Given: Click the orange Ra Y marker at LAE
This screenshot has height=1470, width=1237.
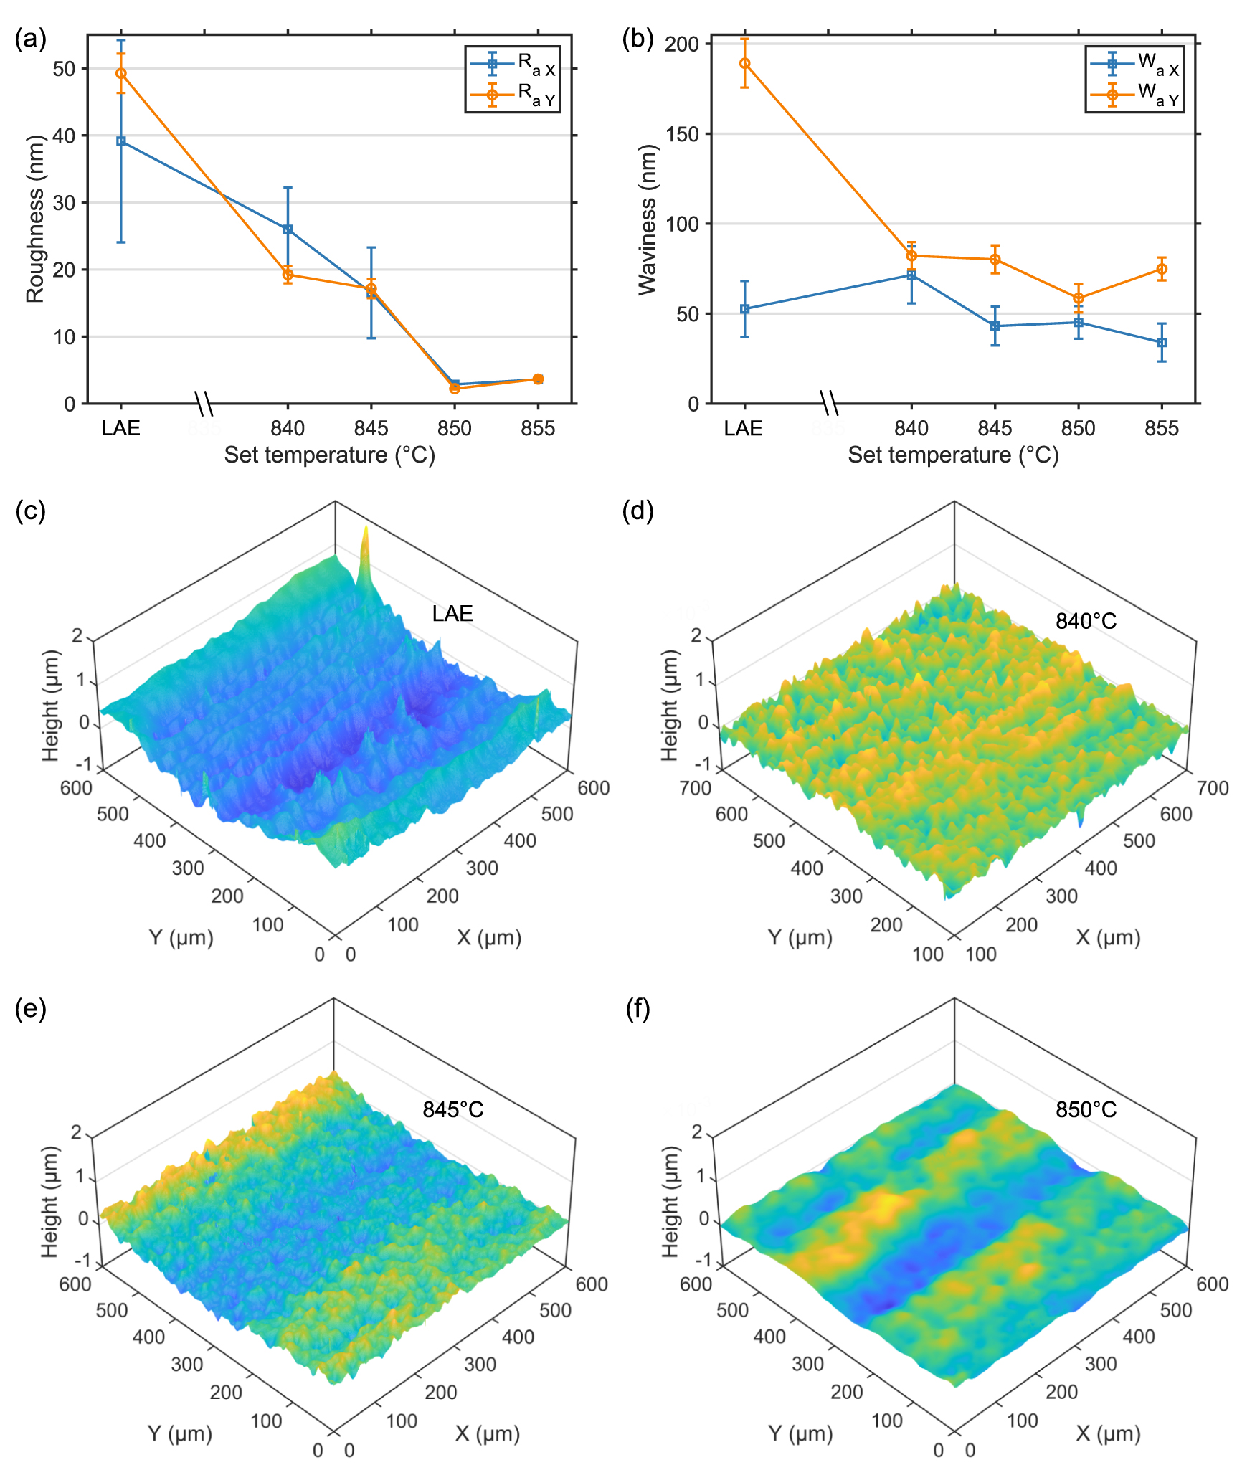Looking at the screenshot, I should click(x=121, y=73).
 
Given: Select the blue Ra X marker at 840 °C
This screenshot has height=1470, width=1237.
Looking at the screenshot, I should click(x=288, y=229).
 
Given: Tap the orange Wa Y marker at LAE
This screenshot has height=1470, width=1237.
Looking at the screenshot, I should click(x=745, y=63).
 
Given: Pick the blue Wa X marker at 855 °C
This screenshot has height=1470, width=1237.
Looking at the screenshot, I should click(x=1162, y=343).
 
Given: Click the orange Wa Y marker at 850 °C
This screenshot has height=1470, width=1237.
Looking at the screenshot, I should click(x=1079, y=298).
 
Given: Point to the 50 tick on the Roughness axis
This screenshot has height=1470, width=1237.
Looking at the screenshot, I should click(x=64, y=69).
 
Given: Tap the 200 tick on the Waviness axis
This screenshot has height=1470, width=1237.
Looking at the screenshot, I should click(x=681, y=44).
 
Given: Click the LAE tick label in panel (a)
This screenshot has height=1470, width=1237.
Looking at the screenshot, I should click(x=120, y=428).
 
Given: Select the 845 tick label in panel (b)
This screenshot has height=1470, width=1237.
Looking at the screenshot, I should click(x=995, y=428).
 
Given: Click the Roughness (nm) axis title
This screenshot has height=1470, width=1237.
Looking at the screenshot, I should click(x=35, y=219).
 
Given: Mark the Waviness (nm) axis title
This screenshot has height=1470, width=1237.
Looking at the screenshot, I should click(x=648, y=219).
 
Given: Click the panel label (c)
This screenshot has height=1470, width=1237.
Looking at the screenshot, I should click(x=30, y=511).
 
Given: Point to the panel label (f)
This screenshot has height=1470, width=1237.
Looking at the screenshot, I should click(x=638, y=1008).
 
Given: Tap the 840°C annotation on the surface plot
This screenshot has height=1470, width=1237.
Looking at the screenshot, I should click(x=1086, y=621).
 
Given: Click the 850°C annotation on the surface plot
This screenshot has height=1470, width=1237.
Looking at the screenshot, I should click(x=1086, y=1110).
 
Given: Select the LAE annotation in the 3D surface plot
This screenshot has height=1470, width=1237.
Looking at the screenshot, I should click(x=452, y=614).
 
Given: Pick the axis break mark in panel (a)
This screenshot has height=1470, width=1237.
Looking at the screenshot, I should click(x=204, y=404).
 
